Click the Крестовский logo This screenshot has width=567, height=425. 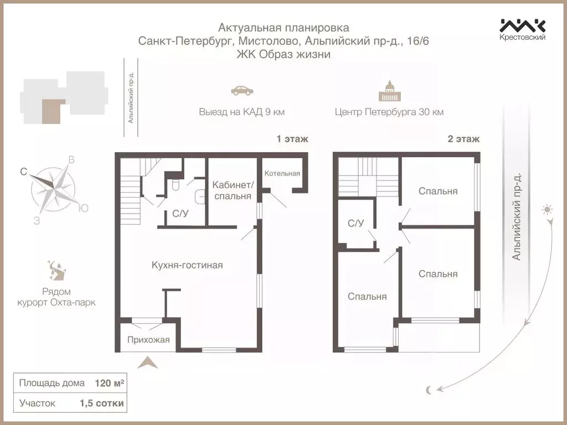(522, 29)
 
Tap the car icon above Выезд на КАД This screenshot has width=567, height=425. (242, 90)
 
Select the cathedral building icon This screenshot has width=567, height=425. (390, 91)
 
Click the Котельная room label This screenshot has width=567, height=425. (282, 173)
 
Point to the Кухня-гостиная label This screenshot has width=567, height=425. (187, 265)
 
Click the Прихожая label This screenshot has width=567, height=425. (148, 340)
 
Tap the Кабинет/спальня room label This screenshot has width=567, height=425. (233, 190)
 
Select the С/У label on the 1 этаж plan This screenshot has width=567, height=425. (180, 214)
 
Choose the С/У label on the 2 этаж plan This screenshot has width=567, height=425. (355, 224)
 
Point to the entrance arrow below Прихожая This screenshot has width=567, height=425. (148, 362)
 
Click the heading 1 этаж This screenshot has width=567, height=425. (292, 139)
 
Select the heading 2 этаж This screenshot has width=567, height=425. (463, 139)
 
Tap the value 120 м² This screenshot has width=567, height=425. (109, 383)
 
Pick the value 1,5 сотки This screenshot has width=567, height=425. (102, 403)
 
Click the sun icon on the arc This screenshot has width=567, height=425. (547, 210)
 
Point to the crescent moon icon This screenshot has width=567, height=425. (429, 390)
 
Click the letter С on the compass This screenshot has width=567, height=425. (24, 172)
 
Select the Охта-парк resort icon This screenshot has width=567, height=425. (56, 270)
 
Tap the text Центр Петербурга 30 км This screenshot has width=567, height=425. (389, 112)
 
